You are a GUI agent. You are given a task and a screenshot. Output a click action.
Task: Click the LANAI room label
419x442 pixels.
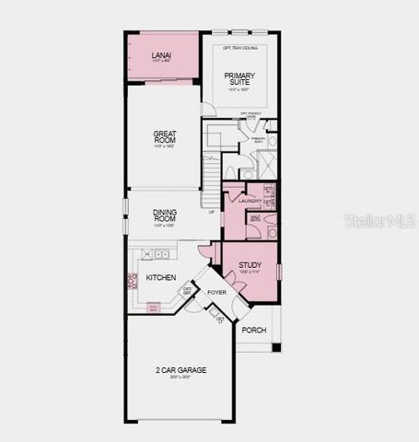coord(161,56)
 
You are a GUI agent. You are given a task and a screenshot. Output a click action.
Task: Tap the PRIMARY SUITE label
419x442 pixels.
coord(239,80)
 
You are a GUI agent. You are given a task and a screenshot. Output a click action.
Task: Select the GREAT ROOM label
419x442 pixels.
coord(164,138)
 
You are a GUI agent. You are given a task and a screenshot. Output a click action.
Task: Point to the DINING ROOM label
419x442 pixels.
coord(164,216)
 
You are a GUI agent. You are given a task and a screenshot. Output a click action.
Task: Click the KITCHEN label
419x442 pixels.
coord(160,277)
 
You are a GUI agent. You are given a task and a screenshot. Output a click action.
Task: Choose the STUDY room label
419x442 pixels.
coord(250,265)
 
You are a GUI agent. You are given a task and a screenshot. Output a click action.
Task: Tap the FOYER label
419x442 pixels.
coord(216,293)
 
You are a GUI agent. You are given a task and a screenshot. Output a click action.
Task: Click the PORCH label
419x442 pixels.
coord(253,330)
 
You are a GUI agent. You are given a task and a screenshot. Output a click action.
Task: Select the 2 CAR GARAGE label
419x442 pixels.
coord(180,370)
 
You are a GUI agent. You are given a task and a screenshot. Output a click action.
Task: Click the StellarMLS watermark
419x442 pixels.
coord(379,222)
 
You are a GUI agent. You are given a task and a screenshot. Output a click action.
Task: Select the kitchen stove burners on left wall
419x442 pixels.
coord(132,280)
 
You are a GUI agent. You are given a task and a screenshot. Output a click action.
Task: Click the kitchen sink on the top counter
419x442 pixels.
coord(161,253)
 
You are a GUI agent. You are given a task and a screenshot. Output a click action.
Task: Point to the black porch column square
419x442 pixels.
coord(275,347)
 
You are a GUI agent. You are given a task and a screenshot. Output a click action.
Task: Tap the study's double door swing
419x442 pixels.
coord(237,287)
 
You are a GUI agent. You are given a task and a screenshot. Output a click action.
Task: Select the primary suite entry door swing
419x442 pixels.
coord(209,110)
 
